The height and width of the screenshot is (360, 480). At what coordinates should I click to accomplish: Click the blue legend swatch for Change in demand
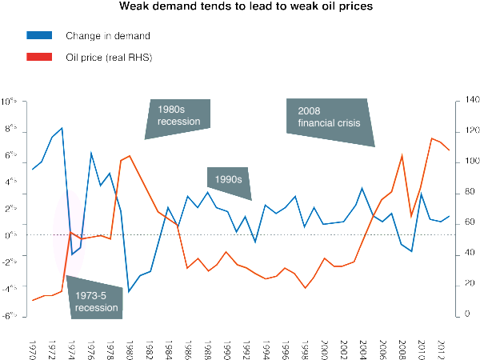(x=39, y=36)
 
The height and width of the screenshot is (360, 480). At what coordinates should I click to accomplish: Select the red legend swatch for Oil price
(x=39, y=57)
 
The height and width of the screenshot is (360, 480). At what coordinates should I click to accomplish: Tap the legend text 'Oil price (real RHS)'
(x=108, y=57)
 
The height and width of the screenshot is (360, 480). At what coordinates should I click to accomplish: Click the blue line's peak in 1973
(x=62, y=128)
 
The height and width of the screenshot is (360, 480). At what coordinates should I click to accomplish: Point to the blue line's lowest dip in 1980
(x=130, y=290)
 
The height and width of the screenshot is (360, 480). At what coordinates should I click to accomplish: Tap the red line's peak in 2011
(x=431, y=138)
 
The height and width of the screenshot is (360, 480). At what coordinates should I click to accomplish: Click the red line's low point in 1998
(x=305, y=288)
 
